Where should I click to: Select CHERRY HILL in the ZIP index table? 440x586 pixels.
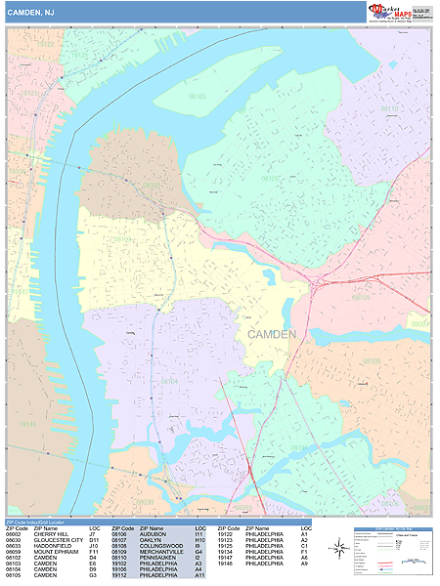52,534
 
